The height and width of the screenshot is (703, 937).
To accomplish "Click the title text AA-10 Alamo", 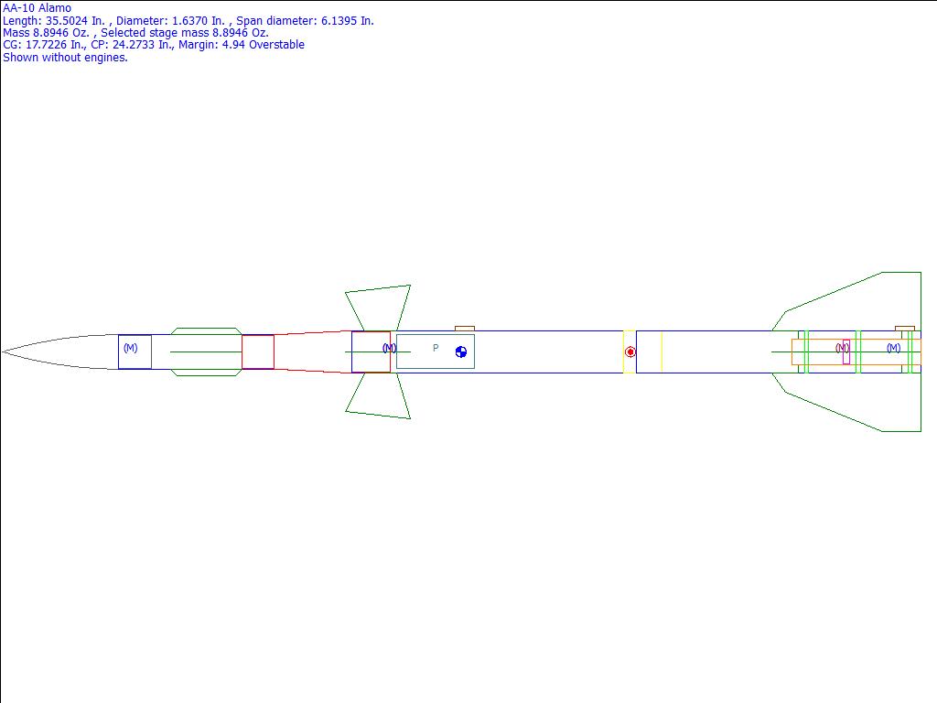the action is point(37,7).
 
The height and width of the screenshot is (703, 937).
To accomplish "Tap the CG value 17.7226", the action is point(46,45).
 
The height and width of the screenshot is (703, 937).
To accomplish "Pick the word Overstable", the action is point(278,45).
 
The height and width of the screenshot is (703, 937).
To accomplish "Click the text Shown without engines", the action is point(65,58).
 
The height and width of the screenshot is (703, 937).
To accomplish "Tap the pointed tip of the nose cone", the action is point(3,352).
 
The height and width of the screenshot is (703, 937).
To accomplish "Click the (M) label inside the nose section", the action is point(130,347).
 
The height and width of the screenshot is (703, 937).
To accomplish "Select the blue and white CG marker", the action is point(461,352).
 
